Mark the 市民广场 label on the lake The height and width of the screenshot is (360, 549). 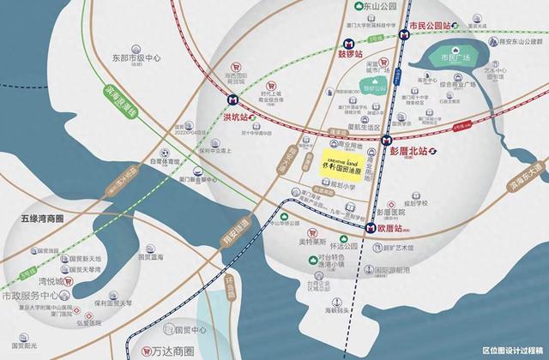tap(456, 57)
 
